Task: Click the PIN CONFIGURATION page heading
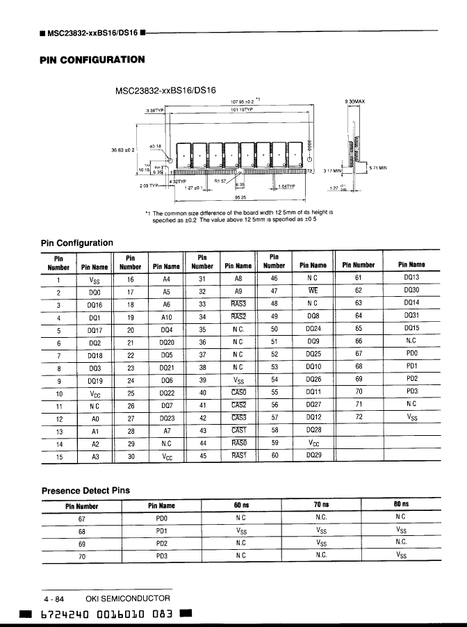(x=92, y=60)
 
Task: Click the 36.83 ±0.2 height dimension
(x=125, y=149)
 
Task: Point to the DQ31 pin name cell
(x=411, y=318)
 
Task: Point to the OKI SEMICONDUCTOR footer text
(x=127, y=598)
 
